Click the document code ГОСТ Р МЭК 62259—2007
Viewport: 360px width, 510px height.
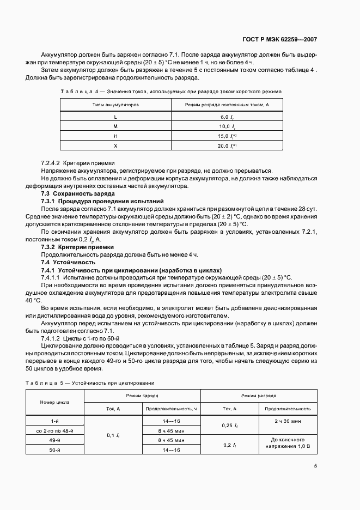tap(280, 40)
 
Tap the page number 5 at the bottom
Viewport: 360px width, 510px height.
tap(315, 465)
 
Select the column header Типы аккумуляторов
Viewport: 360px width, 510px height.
tap(115, 104)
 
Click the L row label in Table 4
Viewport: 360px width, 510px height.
tap(115, 117)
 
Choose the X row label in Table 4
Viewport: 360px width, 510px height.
tap(115, 146)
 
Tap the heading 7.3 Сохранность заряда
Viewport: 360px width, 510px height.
tap(78, 193)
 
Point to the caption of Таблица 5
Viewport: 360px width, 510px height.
tap(90, 382)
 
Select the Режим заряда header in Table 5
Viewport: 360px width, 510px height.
tap(142, 396)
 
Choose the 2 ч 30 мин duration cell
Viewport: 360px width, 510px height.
tap(288, 421)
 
